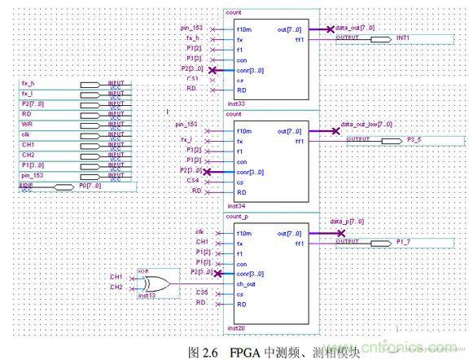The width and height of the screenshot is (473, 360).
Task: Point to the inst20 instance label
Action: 236,327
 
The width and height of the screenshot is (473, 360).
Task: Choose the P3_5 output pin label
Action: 414,140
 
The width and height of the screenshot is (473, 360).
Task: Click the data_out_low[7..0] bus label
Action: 366,125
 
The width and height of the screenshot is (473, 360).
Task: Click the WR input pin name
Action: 27,124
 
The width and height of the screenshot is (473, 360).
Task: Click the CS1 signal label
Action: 193,78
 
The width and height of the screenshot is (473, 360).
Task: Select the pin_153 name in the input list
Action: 33,174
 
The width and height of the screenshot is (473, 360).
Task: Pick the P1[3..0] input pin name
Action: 33,165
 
